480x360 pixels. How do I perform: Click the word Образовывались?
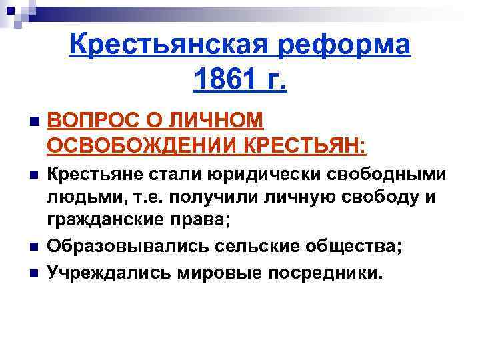(x=129, y=246)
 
